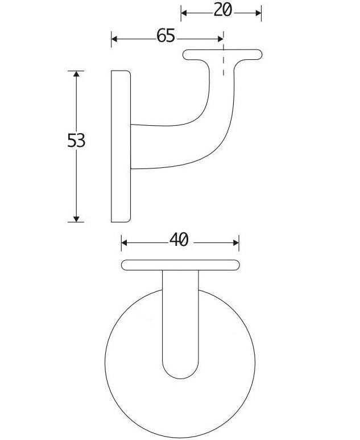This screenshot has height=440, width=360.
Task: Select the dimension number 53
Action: point(76,141)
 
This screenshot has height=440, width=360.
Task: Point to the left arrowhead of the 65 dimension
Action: point(114,39)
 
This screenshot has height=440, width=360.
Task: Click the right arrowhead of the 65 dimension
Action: point(220,39)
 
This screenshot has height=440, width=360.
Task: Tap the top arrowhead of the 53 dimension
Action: point(76,74)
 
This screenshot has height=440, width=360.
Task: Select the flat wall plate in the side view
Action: point(121,147)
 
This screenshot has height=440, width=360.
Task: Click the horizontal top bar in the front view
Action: point(180,265)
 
